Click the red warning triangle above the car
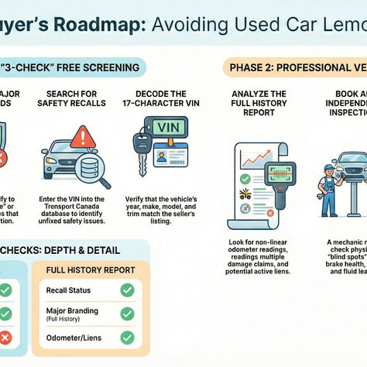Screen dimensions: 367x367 (82, 137)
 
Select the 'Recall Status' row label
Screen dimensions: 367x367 (70, 290)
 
